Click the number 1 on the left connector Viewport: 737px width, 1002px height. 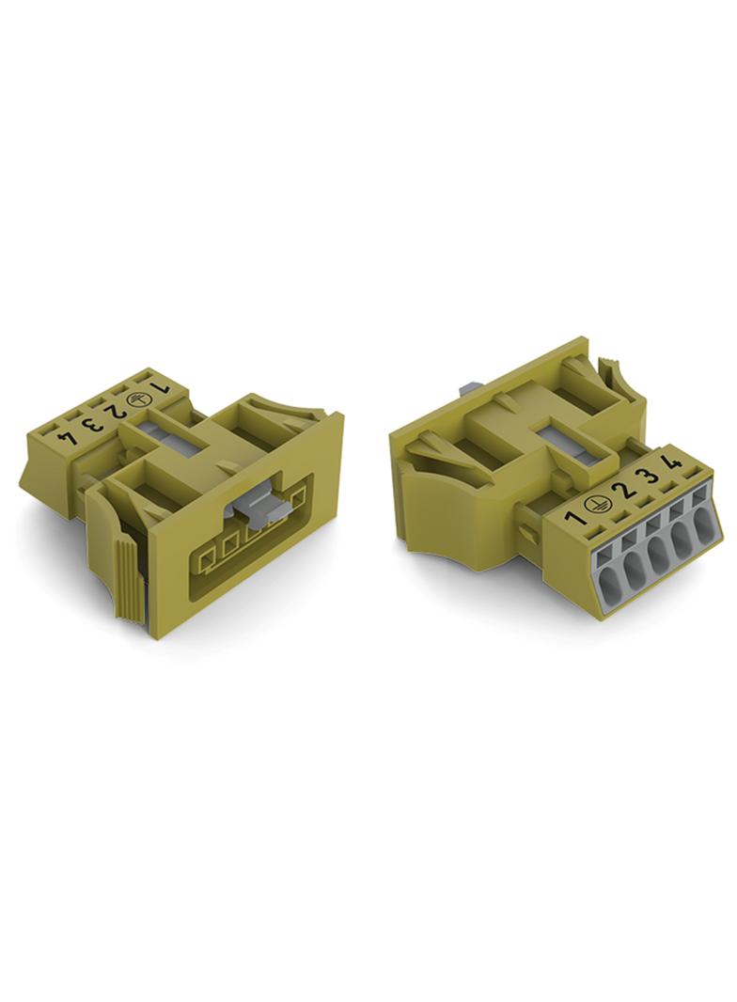[x=159, y=387]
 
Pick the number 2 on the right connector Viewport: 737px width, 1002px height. [x=620, y=490]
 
